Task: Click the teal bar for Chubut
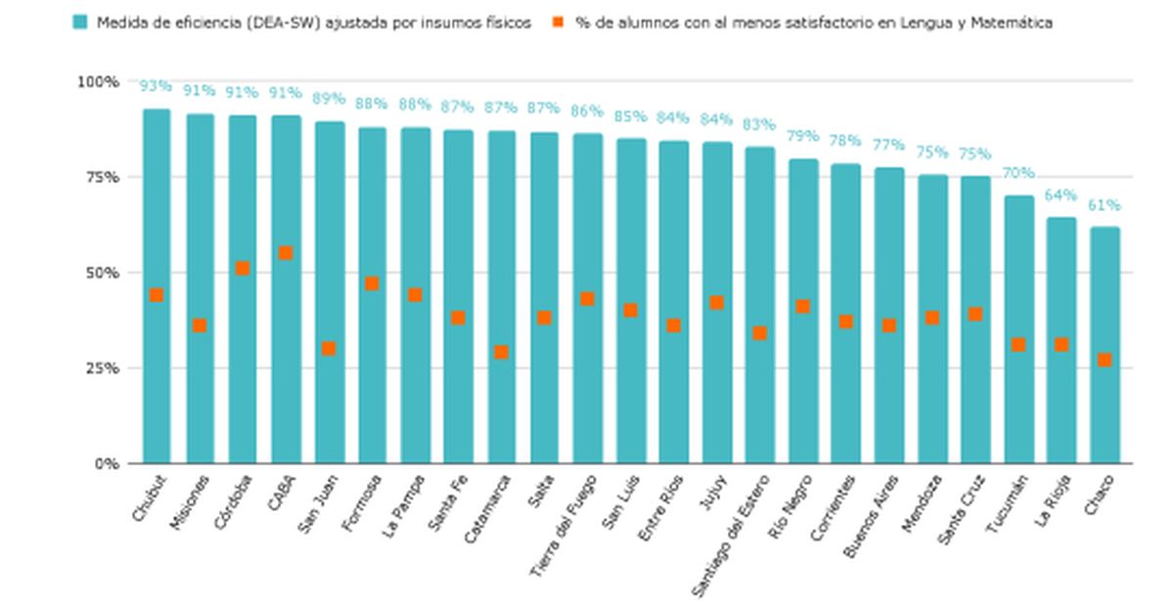[x=157, y=371]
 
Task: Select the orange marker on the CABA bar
[x=286, y=253]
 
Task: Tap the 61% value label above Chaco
[x=1105, y=206]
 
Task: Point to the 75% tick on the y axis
[x=98, y=177]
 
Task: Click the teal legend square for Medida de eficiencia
[x=80, y=22]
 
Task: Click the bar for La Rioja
[x=1061, y=391]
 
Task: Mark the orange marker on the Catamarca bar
[x=501, y=352]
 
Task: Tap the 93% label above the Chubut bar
[x=156, y=86]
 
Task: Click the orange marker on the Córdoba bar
[x=243, y=268]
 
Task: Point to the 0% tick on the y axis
[x=105, y=463]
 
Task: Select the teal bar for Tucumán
[x=1018, y=391]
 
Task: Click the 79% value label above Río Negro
[x=803, y=136]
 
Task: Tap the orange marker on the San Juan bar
[x=329, y=348]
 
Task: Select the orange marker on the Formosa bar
[x=372, y=283]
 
